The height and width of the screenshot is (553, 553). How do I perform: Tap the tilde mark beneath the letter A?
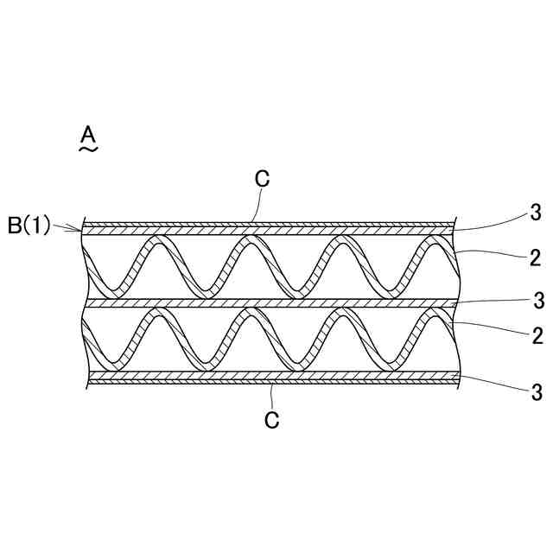point(87,149)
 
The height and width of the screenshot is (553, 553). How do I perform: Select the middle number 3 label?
point(537,300)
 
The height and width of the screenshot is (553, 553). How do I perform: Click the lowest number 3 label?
point(536,391)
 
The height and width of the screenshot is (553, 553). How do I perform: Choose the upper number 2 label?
point(536,257)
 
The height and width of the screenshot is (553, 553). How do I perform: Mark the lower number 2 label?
point(536,335)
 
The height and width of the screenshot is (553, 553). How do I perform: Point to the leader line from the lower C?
point(271,397)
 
